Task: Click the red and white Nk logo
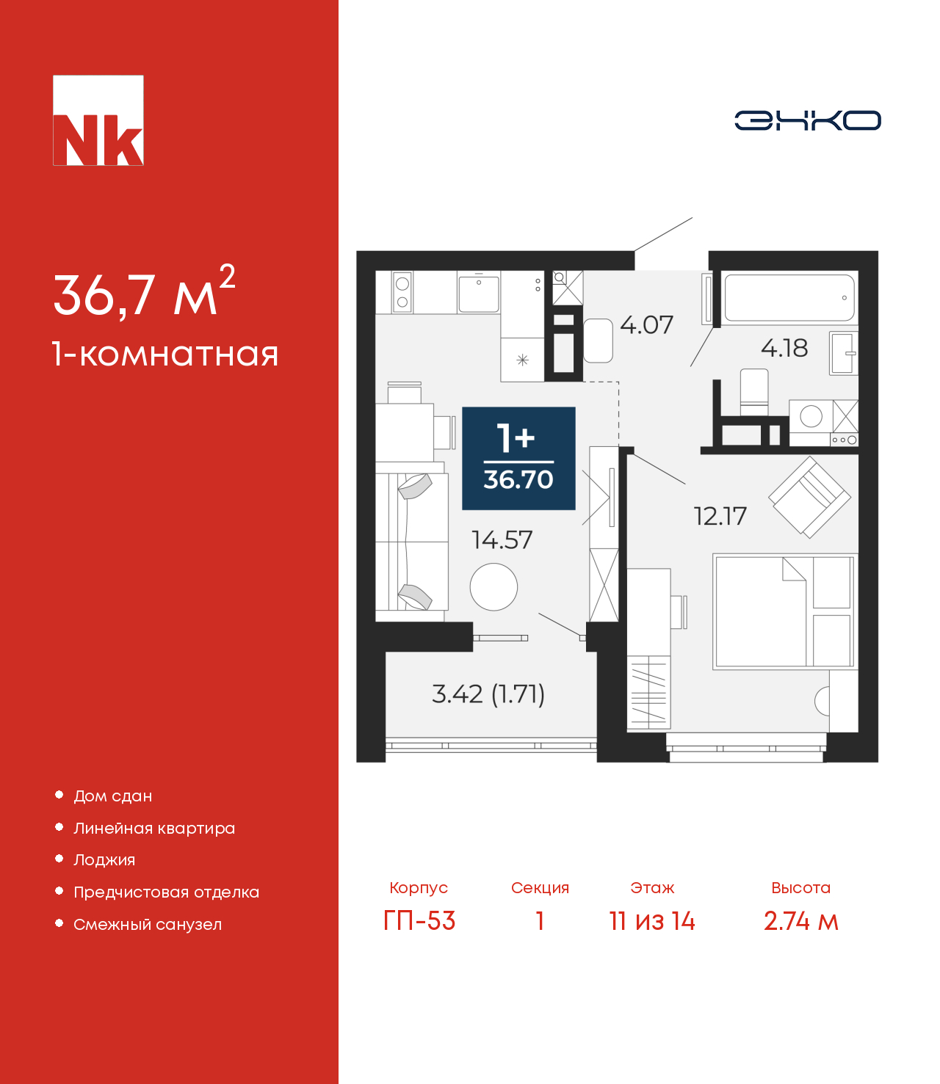click(98, 120)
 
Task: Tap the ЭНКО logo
click(807, 120)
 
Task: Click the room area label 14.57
click(502, 540)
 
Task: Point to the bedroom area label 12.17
click(720, 516)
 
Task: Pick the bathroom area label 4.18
click(784, 348)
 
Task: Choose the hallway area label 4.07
click(646, 325)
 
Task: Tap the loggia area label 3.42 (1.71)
click(488, 694)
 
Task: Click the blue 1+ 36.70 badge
click(518, 459)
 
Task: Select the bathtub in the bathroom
click(789, 298)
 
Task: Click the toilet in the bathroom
click(754, 392)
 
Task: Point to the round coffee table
click(493, 587)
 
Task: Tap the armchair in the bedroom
click(809, 497)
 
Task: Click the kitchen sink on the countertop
click(479, 294)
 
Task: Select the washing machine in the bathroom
click(811, 416)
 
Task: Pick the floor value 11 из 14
click(652, 921)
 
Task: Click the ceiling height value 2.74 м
click(801, 921)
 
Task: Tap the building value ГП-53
click(419, 921)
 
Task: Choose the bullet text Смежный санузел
click(148, 924)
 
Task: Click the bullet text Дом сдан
click(113, 796)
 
